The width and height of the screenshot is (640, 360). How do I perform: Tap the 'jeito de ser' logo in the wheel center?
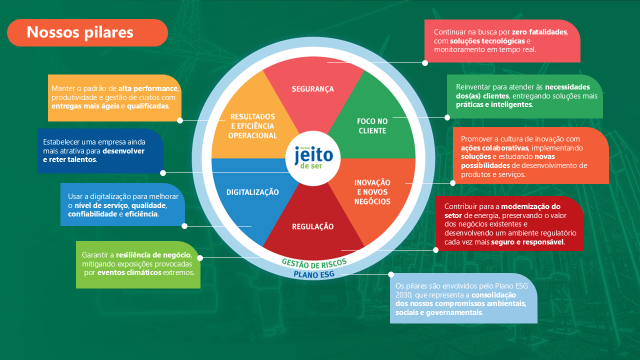[313, 158]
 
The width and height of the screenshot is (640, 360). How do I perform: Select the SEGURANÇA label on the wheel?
[312, 89]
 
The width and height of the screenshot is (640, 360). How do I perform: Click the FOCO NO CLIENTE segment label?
[372, 126]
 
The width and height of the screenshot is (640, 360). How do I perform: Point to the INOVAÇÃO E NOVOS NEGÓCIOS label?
[372, 192]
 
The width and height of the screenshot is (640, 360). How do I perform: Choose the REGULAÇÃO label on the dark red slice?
[312, 226]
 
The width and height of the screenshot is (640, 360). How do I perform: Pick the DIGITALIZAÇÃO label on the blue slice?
[252, 192]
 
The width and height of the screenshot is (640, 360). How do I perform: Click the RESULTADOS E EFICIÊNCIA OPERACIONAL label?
[252, 126]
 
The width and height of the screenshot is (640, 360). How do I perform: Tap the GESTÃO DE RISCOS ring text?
[314, 263]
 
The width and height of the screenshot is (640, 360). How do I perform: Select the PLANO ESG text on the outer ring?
[314, 274]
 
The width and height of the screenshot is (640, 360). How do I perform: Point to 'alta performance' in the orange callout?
[148, 88]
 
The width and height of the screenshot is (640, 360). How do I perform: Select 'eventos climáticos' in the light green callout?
[129, 272]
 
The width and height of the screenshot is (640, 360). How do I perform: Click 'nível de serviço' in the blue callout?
[101, 205]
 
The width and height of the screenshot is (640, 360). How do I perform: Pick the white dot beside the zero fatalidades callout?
[425, 63]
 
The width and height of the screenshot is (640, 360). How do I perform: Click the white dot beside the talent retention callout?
[162, 173]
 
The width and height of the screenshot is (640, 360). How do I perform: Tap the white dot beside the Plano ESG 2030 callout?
[391, 274]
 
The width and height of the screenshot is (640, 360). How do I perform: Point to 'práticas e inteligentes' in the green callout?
[494, 105]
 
